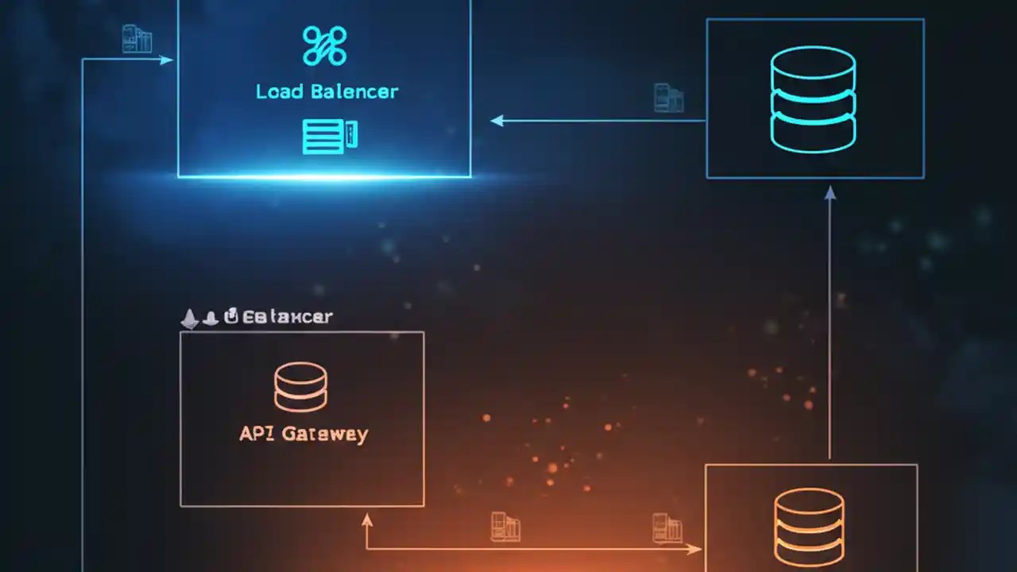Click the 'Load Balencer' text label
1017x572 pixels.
327,91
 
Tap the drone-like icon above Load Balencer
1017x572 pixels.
324,45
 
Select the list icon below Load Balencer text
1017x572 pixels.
329,136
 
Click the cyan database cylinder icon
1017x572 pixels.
813,99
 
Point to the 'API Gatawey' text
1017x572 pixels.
304,434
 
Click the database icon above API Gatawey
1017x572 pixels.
300,387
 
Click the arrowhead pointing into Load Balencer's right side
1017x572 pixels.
497,121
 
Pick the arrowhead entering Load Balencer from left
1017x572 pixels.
167,60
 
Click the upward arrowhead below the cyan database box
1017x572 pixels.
830,191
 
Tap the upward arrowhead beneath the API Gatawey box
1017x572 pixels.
366,520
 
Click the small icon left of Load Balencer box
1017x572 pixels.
137,39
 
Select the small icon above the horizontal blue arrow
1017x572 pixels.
668,97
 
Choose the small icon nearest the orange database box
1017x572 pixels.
667,528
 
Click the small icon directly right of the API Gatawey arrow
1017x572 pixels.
505,528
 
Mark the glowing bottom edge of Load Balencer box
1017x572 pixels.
324,176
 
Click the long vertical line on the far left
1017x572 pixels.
83,318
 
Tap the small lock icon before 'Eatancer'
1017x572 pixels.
231,317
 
